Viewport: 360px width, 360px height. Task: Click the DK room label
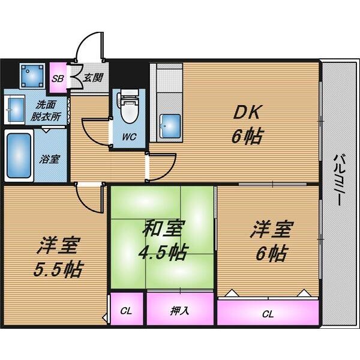click(x=246, y=112)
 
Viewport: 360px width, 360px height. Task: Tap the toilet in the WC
click(x=128, y=106)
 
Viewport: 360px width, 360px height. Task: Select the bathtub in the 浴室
click(x=19, y=156)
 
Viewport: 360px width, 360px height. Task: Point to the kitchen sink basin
click(x=170, y=126)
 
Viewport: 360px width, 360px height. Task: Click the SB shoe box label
click(x=58, y=79)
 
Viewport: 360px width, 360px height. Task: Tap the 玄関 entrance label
click(x=93, y=78)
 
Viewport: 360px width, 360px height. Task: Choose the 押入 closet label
click(x=180, y=311)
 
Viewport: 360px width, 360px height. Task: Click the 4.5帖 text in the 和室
click(x=163, y=253)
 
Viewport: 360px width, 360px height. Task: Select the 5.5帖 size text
click(x=58, y=269)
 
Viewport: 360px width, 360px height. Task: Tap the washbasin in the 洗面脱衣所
click(x=15, y=110)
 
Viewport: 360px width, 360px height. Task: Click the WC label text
click(x=129, y=137)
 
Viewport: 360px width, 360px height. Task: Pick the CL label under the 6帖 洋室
click(x=268, y=314)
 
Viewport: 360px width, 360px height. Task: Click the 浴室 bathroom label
click(x=50, y=159)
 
